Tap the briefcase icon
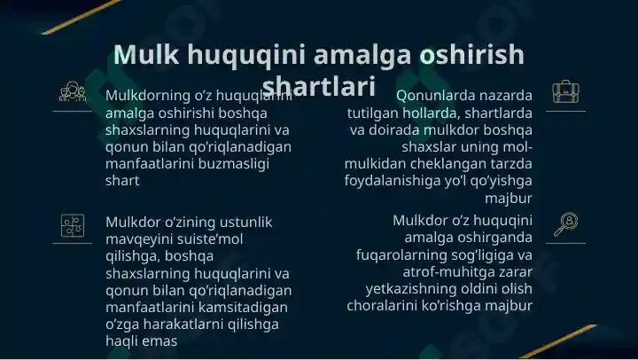pos(564,91)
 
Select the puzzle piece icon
pos(72,225)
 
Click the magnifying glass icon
pos(564,223)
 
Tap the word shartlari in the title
pos(319,86)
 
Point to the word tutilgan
pos(375,113)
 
